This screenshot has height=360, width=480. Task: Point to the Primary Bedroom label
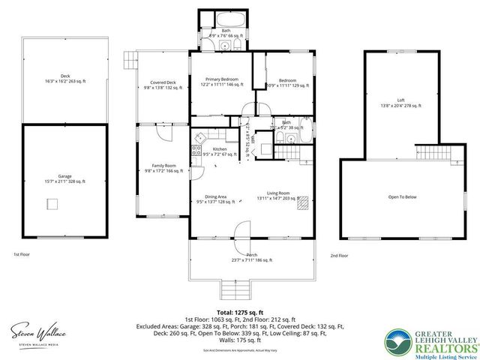220,82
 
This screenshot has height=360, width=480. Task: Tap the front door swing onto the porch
241,231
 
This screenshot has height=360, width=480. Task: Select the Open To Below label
402,196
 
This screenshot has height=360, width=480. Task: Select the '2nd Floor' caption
339,256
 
